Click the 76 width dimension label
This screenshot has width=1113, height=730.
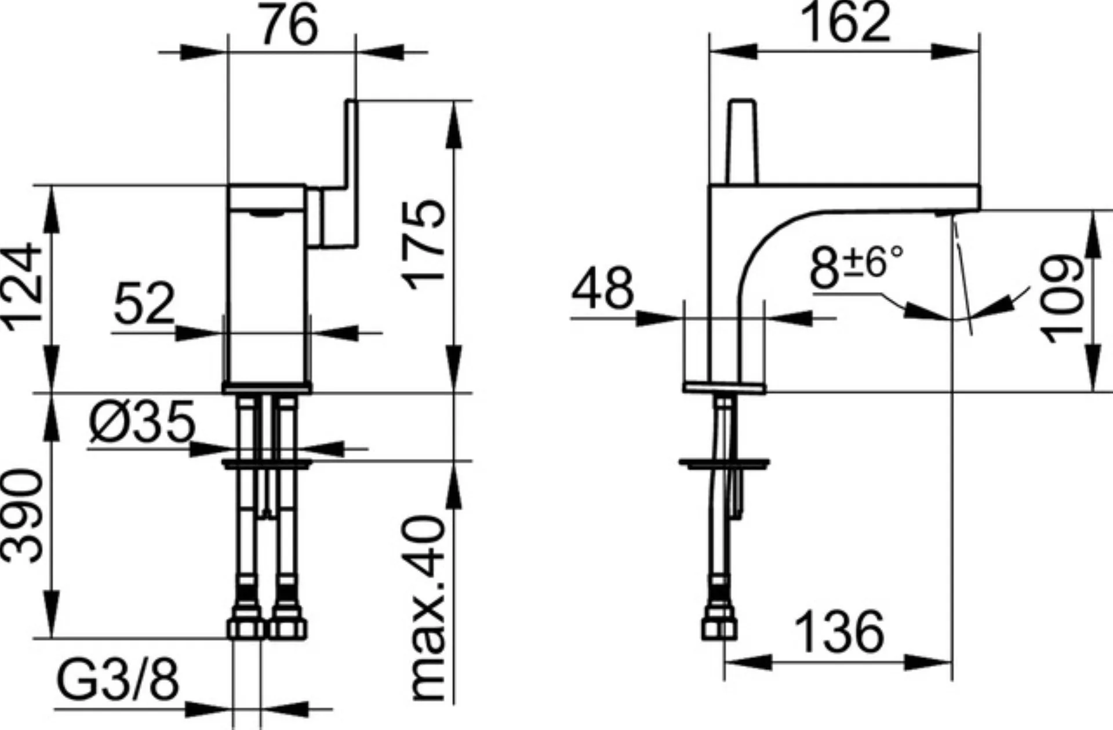tap(289, 24)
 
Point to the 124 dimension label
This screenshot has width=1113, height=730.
tap(24, 287)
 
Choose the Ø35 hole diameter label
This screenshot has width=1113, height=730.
tap(142, 421)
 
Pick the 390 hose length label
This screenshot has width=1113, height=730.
tap(23, 516)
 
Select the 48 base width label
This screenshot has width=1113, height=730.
tap(603, 288)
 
